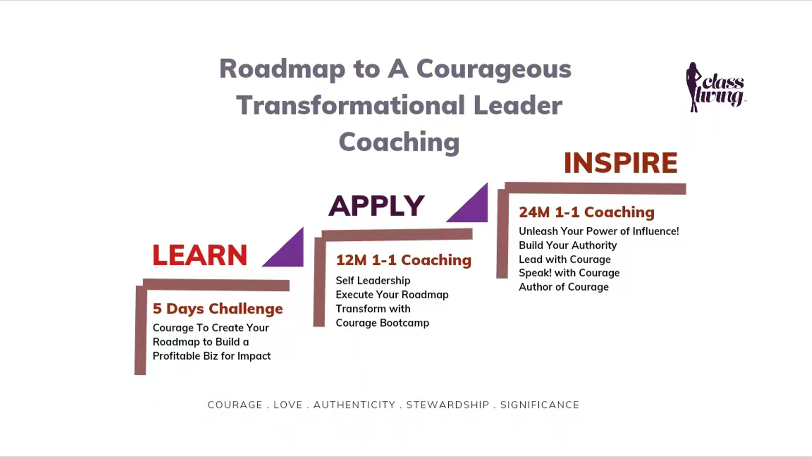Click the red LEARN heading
200,255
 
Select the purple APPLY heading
376,206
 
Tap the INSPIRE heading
620,163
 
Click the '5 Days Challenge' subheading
218,308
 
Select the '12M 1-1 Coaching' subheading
403,260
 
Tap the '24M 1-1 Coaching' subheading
587,212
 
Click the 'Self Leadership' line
373,281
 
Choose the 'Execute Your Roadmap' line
392,295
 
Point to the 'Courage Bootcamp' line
382,323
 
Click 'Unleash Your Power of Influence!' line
599,231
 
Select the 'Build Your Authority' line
568,245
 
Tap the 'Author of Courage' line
564,287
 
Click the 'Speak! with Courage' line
569,273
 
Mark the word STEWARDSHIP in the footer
448,405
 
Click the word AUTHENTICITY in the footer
354,405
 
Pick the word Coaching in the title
399,142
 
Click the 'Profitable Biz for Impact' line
211,356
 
